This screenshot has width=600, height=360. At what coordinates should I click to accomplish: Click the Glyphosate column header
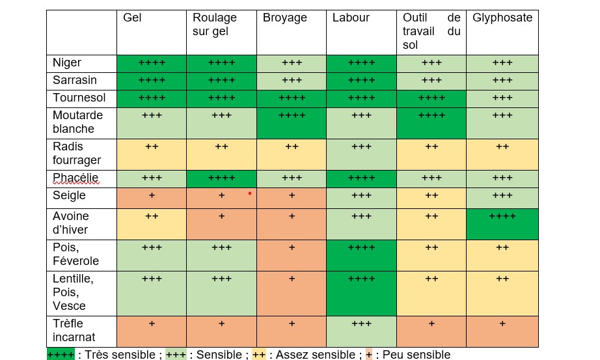(502, 18)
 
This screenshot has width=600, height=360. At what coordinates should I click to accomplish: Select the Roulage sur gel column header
(214, 24)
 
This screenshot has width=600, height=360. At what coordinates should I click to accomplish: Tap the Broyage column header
(284, 18)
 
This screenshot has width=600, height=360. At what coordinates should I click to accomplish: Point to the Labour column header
(351, 18)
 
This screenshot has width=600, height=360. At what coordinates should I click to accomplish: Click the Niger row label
(67, 62)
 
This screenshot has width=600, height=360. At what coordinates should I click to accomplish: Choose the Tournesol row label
(79, 98)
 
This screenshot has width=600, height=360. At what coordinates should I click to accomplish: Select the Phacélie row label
(75, 178)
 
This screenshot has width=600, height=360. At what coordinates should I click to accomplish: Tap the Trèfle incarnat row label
(74, 330)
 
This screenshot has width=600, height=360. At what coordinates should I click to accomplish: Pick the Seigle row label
(69, 196)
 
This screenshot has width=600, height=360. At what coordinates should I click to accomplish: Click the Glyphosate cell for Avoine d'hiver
(502, 225)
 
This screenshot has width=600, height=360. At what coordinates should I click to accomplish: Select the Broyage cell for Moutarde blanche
(292, 123)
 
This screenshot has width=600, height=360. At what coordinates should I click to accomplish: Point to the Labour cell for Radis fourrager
(361, 155)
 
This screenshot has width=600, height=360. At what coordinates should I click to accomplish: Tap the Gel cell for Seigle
(152, 199)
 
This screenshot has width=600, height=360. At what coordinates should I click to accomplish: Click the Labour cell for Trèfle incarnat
(361, 331)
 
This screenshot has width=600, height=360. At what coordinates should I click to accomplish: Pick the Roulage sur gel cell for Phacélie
(221, 179)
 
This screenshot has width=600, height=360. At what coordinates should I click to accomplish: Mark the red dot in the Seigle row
(250, 193)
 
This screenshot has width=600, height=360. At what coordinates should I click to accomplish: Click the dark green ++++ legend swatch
(61, 355)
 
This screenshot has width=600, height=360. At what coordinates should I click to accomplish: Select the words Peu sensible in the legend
(416, 355)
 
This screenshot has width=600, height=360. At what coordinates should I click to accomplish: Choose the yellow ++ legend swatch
(259, 355)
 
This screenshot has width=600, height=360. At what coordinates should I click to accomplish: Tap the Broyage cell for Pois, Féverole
(292, 255)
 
